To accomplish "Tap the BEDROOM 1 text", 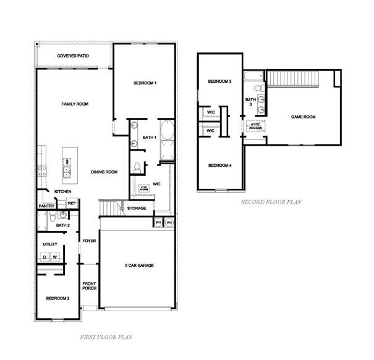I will coord(145,83).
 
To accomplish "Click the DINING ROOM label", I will coord(104,172).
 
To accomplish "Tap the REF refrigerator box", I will coord(71,203).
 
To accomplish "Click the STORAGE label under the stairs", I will coord(137,208).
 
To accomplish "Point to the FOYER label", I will coord(89,240).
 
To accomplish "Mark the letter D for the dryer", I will coord(45,257).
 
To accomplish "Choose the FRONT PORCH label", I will coord(90,287).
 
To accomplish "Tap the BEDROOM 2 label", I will coord(57,298).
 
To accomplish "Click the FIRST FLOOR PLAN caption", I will coord(106,337).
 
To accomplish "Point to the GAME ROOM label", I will coord(304,116).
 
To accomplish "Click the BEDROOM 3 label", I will coord(219,82).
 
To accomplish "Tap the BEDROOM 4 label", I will coord(219,165).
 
